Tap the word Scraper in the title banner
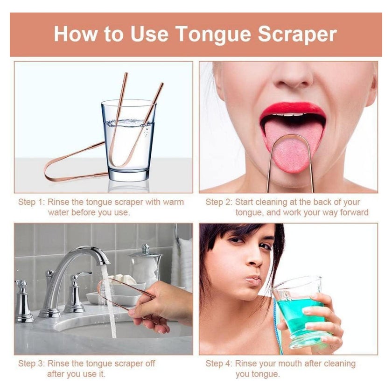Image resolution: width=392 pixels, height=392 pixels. click(297, 34)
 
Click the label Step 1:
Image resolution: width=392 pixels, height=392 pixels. click(32, 202)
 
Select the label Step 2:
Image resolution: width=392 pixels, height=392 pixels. click(219, 202)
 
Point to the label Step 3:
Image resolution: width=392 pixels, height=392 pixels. click(32, 363)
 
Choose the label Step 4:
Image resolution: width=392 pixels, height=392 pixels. click(219, 363)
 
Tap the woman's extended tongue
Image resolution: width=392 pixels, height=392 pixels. click(292, 145)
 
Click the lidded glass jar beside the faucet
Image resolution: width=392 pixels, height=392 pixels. click(145, 265)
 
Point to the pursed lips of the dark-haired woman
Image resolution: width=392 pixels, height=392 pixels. click(252, 280)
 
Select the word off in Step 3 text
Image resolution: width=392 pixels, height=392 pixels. click(150, 363)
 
